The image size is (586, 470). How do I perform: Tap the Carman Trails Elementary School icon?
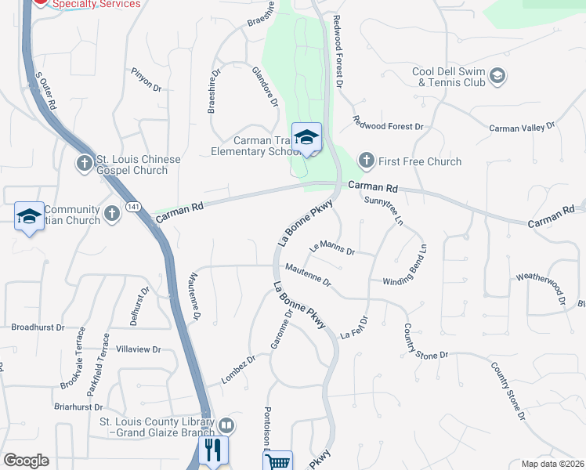tap(306, 136)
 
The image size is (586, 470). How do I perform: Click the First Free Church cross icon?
tap(366, 161)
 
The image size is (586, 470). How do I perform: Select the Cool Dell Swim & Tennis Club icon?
tap(497, 76)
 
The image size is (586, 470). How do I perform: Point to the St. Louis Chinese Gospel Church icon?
tap(85, 164)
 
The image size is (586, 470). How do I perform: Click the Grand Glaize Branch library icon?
tap(226, 425)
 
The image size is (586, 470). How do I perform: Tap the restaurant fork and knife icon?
tap(212, 450)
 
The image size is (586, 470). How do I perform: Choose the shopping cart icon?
tap(277, 462)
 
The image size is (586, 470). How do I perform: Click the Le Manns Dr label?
tap(333, 248)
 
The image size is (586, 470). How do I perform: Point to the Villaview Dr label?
tap(138, 349)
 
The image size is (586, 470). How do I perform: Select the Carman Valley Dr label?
tap(521, 126)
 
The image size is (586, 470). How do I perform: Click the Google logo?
tap(26, 461)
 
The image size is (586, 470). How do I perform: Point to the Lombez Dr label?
tap(238, 370)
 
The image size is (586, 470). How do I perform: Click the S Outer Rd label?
tap(46, 91)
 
